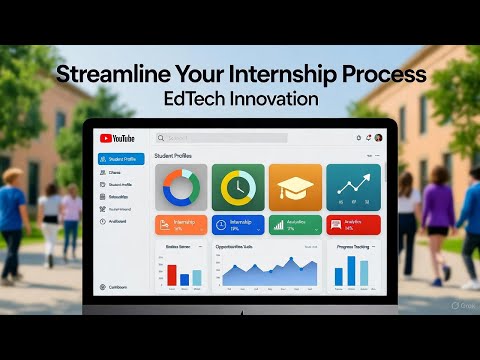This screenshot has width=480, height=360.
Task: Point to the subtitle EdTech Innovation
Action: (x=240, y=101)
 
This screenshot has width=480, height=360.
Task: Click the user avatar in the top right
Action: (x=378, y=137)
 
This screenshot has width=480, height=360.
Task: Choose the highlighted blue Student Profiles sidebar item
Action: (x=121, y=159)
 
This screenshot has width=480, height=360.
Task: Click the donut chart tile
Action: (x=181, y=187)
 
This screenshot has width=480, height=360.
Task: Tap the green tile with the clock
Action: (x=238, y=187)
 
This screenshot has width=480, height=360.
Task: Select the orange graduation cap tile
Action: (x=295, y=187)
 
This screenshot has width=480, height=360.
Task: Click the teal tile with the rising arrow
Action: (x=353, y=187)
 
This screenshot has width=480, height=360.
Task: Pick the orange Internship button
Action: (x=181, y=225)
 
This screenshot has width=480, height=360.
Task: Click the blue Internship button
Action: (x=238, y=225)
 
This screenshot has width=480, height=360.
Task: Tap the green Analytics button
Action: (x=295, y=225)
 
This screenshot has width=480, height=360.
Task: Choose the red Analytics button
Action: (x=353, y=225)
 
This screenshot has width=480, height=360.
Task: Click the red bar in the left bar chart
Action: (x=172, y=275)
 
